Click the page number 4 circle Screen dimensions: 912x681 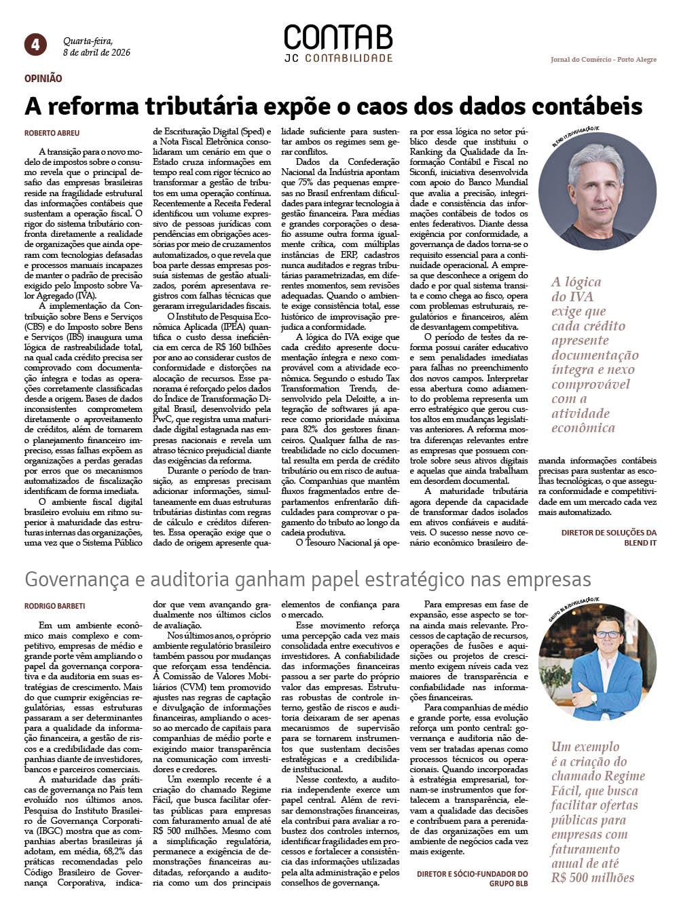(x=35, y=45)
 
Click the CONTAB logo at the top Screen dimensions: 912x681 (x=337, y=38)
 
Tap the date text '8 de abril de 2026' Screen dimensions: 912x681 (x=96, y=52)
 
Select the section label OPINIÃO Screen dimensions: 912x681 (x=43, y=79)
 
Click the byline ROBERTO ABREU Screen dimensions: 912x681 (x=52, y=133)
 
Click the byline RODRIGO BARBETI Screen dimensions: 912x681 (x=55, y=606)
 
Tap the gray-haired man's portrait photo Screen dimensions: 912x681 (x=597, y=192)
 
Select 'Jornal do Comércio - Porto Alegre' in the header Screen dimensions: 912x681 (x=603, y=60)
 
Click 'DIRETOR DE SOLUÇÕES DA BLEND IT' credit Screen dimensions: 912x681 (x=608, y=537)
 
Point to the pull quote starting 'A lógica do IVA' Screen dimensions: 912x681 (x=594, y=355)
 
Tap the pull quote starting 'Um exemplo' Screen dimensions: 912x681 (x=597, y=812)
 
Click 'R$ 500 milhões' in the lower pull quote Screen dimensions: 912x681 (x=593, y=878)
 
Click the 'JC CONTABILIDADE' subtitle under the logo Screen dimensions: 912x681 (x=338, y=58)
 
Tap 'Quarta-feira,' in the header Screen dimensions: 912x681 (x=88, y=41)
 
